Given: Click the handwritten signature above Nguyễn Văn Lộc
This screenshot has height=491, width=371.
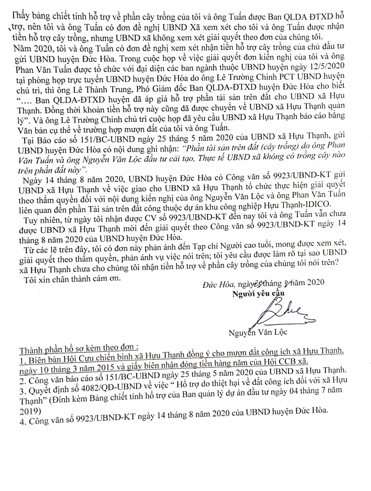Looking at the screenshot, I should pyautogui.click(x=281, y=312).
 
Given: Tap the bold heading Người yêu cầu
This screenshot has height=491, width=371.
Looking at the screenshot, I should pyautogui.click(x=258, y=293).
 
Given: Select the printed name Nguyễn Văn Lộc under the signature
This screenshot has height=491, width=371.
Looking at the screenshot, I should pyautogui.click(x=258, y=332).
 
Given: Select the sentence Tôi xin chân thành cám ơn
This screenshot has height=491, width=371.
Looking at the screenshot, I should pyautogui.click(x=72, y=278).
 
